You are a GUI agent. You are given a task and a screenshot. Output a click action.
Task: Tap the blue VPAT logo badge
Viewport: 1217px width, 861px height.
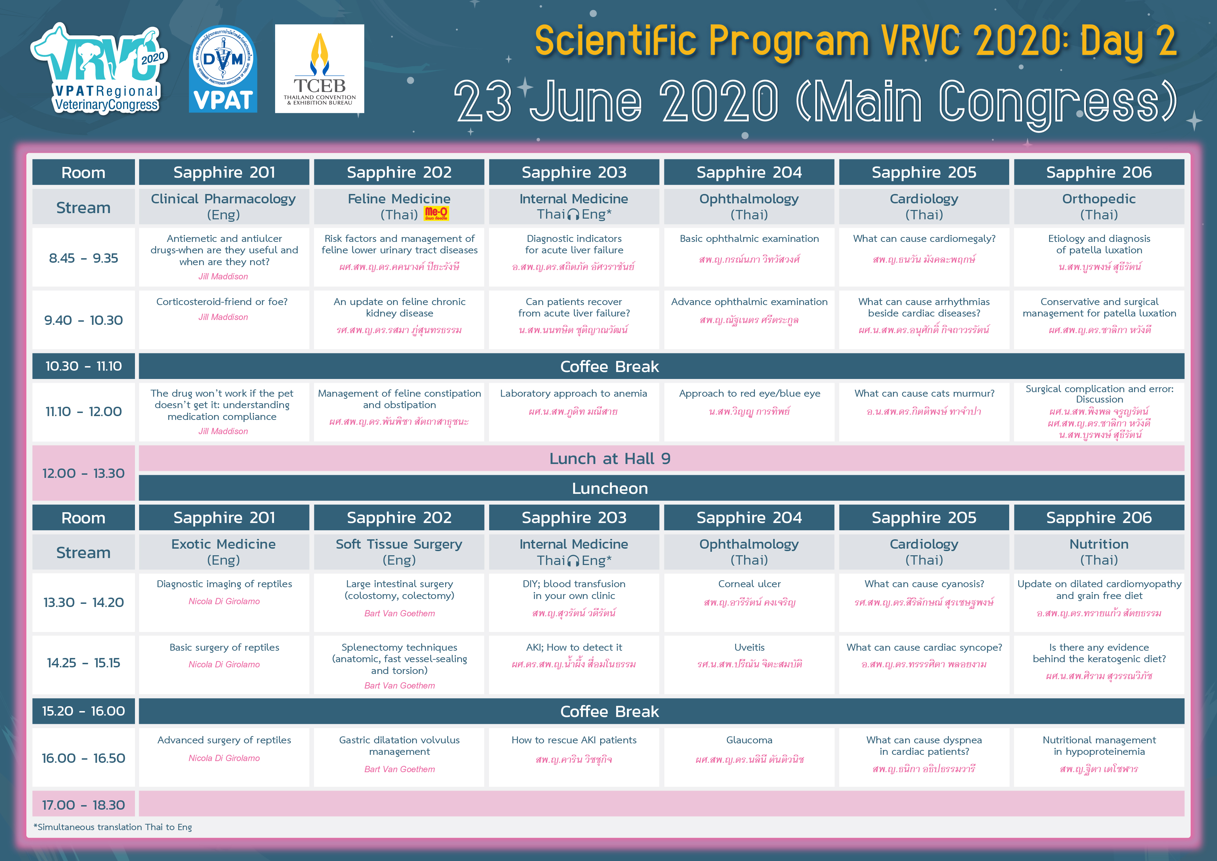pos(223,69)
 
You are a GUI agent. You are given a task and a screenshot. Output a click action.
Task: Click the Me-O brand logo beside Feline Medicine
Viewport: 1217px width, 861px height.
pos(436,214)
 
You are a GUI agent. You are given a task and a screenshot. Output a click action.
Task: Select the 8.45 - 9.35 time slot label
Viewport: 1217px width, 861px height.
pos(83,258)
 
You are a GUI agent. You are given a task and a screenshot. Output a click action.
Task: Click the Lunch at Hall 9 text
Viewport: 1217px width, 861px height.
pos(610,458)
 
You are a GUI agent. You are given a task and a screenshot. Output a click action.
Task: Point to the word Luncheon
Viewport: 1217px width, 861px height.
pos(610,488)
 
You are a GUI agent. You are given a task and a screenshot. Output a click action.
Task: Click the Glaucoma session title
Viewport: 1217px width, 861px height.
pos(749,740)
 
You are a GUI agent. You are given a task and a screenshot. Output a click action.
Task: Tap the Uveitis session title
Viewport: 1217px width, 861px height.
pos(749,647)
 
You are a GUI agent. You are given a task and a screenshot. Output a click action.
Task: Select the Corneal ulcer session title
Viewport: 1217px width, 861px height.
pos(749,584)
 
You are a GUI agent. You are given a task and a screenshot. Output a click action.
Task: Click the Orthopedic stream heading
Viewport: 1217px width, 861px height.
pos(1099,199)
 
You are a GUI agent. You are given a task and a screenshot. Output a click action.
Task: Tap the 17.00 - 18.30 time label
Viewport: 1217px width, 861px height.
pos(83,805)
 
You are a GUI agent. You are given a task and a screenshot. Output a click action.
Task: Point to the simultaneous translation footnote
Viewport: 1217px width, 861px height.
pos(113,827)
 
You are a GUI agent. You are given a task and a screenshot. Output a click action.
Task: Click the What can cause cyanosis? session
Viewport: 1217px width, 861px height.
pos(924,584)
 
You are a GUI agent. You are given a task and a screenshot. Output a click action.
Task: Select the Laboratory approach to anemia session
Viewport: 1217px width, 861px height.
pos(573,394)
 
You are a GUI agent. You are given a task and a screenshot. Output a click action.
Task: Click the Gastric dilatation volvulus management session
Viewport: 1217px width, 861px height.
pos(399,746)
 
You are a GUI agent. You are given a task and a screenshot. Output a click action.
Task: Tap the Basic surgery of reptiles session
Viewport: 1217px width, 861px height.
pos(224,647)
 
